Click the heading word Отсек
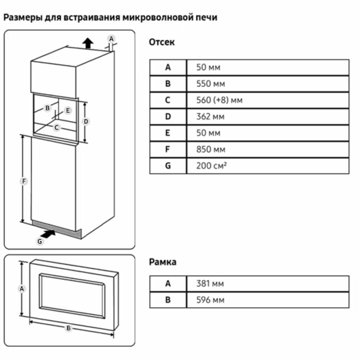pos(162,42)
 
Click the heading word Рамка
pos(163,262)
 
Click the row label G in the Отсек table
pos(168,166)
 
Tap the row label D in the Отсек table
pos(168,117)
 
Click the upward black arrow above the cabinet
pos(87,43)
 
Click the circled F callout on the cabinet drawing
pos(23,182)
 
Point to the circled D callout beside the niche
pos(86,122)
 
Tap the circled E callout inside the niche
pos(68,111)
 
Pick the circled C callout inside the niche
pos(57,127)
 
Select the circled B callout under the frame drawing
pos(68,328)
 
